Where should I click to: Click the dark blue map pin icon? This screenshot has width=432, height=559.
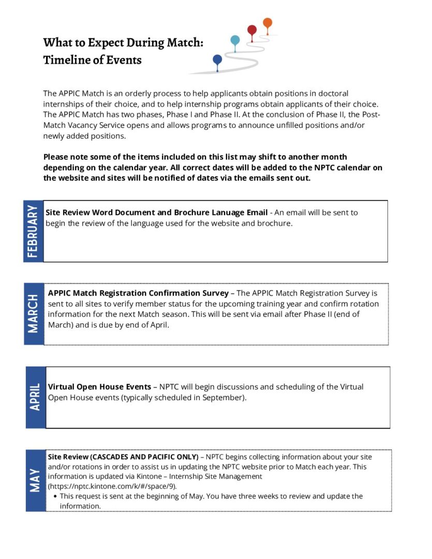pyautogui.click(x=217, y=60)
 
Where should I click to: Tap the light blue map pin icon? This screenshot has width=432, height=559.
pyautogui.click(x=235, y=40)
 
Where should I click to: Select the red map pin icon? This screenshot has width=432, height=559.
pyautogui.click(x=252, y=31)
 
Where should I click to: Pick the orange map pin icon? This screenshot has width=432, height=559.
pyautogui.click(x=267, y=23)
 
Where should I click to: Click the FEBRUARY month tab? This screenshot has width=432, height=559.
pyautogui.click(x=33, y=231)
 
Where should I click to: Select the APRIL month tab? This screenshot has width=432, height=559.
pyautogui.click(x=35, y=397)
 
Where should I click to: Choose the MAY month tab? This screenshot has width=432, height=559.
pyautogui.click(x=35, y=480)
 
